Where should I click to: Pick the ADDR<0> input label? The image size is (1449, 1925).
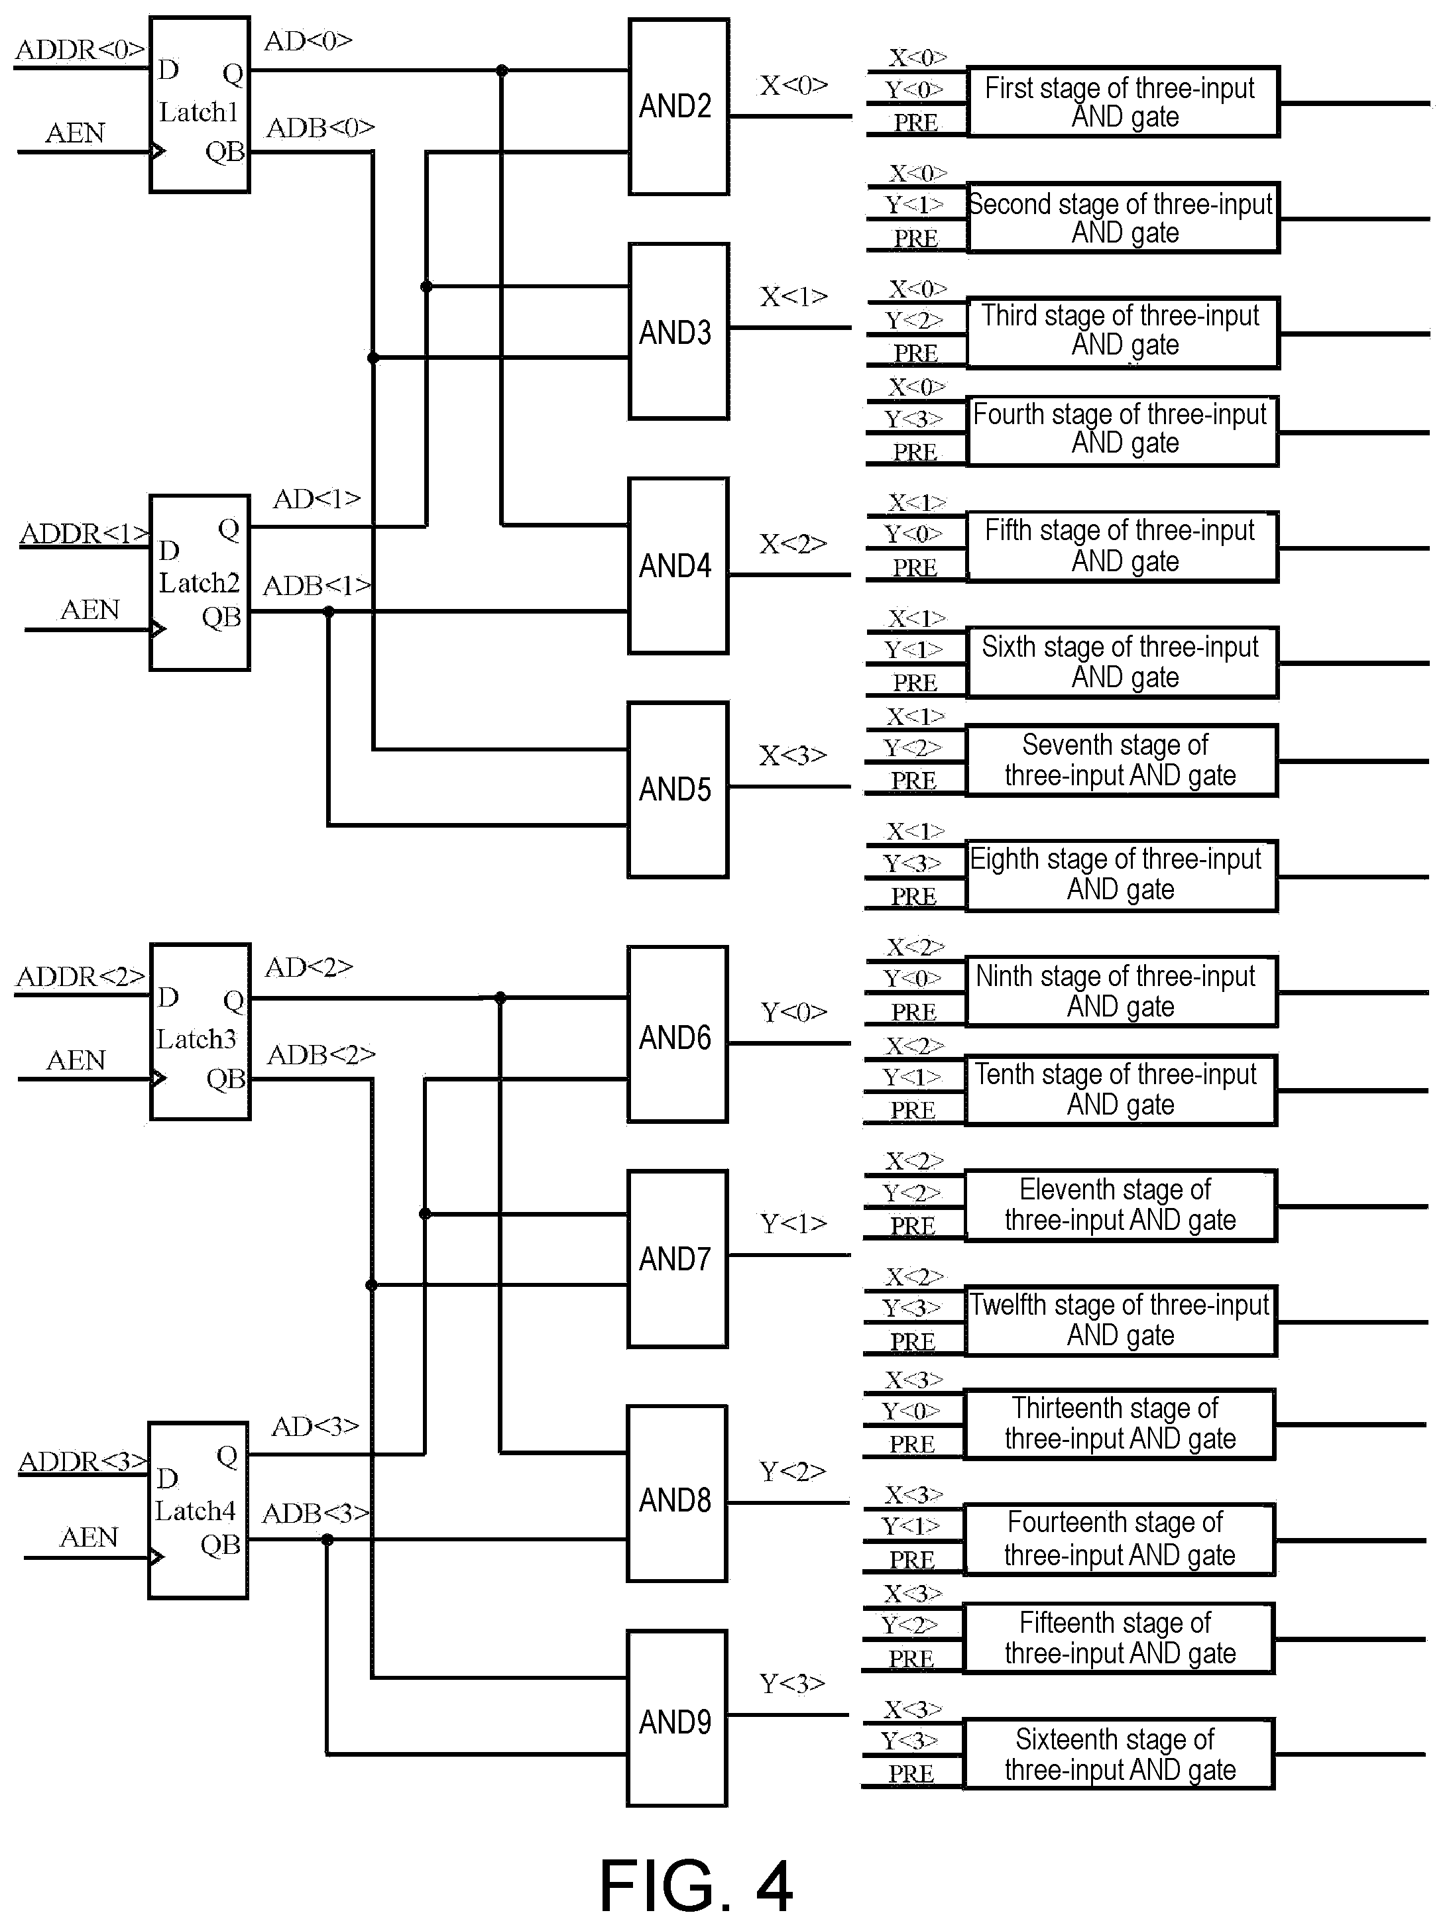tap(80, 50)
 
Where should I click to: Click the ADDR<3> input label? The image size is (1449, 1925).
tap(84, 1461)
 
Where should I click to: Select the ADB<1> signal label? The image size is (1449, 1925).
tap(317, 586)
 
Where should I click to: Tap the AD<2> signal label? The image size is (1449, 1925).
tap(309, 967)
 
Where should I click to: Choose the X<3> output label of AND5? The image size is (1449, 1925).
tap(793, 755)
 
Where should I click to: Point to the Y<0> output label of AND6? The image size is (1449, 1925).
tap(793, 1011)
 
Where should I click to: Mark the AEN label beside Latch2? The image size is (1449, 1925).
tap(89, 609)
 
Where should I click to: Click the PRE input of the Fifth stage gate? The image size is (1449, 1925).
tap(915, 567)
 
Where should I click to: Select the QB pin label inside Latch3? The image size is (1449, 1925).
tap(226, 1079)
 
